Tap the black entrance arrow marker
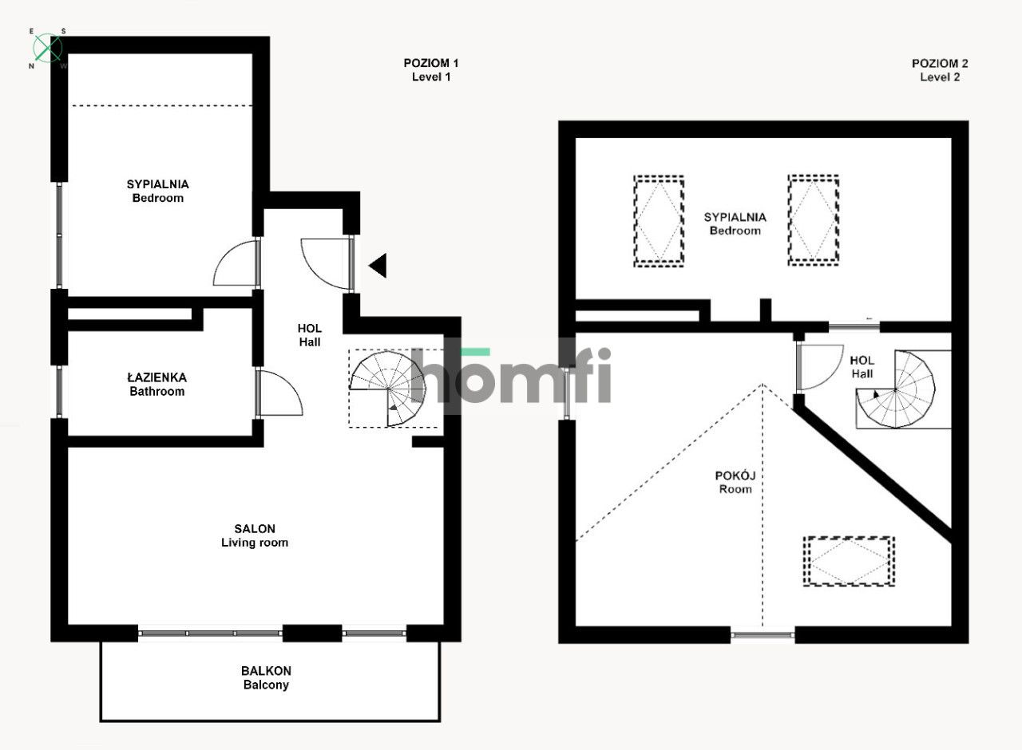point(378,265)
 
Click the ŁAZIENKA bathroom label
point(156,384)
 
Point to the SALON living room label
point(255,535)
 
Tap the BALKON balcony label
point(266,677)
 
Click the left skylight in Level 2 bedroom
point(659,221)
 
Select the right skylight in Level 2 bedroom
point(813,220)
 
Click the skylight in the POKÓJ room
point(849,562)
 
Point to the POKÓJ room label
point(735,482)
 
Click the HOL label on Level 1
point(310,335)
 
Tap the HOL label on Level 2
point(862,366)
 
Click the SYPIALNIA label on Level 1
point(158,191)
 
